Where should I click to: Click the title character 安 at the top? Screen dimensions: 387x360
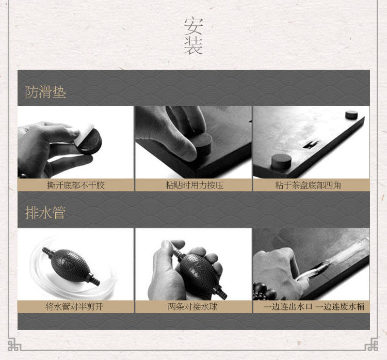click(x=193, y=26)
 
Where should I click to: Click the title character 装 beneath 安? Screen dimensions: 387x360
click(x=193, y=46)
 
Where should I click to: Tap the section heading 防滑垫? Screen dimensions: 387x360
click(x=45, y=92)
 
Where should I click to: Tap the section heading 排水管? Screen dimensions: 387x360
click(x=45, y=212)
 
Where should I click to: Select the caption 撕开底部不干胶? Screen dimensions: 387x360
click(x=76, y=185)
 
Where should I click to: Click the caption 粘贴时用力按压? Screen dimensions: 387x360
click(x=194, y=185)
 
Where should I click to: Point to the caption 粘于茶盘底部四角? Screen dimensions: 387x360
click(x=308, y=185)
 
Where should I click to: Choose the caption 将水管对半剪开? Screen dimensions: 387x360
click(x=74, y=307)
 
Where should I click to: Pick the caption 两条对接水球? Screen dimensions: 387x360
click(x=192, y=307)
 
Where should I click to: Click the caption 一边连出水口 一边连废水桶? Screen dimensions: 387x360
click(x=314, y=307)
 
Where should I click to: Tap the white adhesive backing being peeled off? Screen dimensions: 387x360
click(x=84, y=135)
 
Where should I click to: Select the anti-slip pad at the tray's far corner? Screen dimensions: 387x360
click(x=351, y=115)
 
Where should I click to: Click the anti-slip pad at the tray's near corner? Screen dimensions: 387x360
click(x=281, y=161)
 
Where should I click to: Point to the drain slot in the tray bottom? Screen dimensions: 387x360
click(x=312, y=144)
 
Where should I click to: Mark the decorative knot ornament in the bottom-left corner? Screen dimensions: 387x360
click(x=14, y=344)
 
